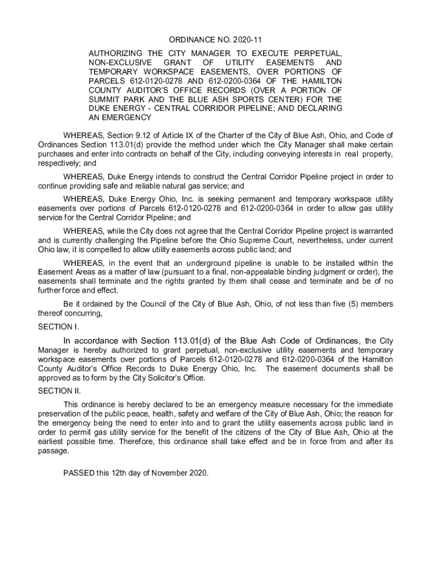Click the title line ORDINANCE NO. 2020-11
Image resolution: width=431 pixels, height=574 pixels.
pos(215,40)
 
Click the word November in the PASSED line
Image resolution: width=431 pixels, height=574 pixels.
pos(167,473)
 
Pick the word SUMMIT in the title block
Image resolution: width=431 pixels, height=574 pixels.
pos(104,99)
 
